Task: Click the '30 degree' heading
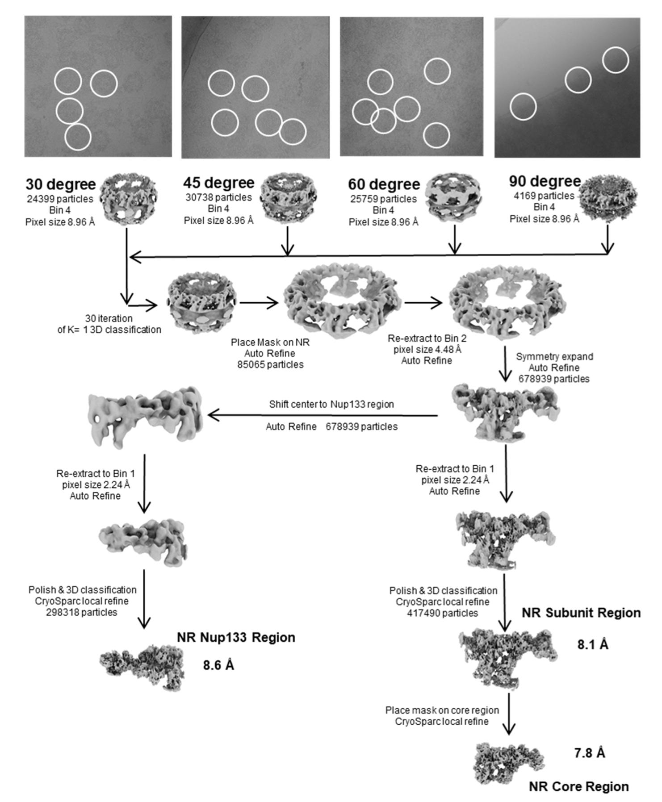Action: pos(60,184)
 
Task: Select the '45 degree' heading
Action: pos(218,183)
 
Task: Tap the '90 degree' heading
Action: pos(545,181)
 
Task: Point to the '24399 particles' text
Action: pos(60,199)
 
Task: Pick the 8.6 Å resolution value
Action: pos(218,665)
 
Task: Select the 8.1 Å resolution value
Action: pos(593,644)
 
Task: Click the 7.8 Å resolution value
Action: pos(589,753)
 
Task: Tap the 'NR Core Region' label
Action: pos(579,786)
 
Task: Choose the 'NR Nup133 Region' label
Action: pos(236,637)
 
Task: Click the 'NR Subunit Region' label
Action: pos(581,613)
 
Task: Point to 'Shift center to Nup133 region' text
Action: pos(331,405)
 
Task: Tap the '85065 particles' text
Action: pos(270,365)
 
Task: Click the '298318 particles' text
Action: pos(82,612)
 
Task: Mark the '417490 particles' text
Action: pos(442,613)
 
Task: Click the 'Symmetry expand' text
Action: pos(554,357)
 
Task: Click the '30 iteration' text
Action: pos(109,319)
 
